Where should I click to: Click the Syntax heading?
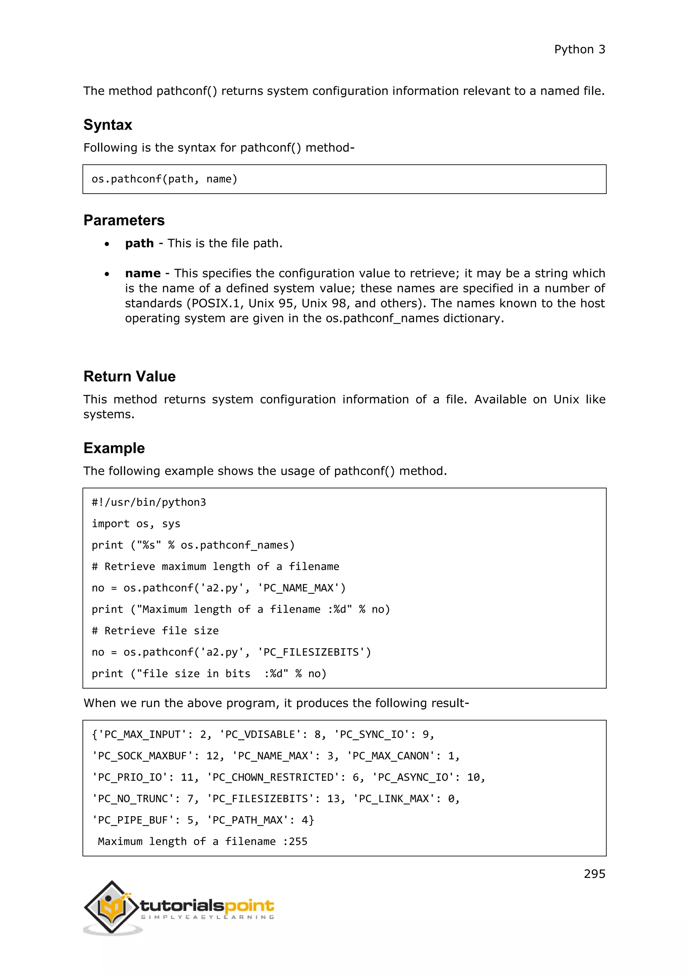click(108, 125)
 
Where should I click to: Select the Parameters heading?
click(124, 221)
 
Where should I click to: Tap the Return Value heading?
click(130, 376)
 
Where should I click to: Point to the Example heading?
click(114, 448)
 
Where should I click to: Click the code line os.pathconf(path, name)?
click(164, 179)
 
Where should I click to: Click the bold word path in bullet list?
click(139, 243)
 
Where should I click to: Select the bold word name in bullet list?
click(143, 273)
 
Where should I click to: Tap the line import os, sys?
click(136, 524)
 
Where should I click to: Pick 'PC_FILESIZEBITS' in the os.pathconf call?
click(314, 652)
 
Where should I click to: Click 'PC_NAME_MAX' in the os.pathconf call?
click(301, 588)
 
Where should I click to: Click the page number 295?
click(594, 874)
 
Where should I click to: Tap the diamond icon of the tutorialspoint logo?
click(112, 907)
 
